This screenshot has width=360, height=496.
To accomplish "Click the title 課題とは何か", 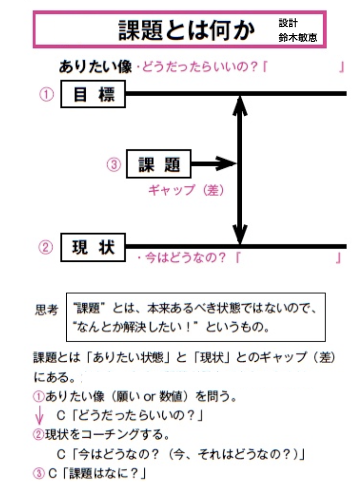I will (x=186, y=30).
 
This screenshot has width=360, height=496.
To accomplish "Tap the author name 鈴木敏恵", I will (x=298, y=38).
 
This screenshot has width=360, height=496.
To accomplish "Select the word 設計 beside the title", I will (x=288, y=23).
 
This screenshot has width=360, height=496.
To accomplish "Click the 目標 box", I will (x=93, y=94).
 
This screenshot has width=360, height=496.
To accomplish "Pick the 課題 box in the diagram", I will (x=158, y=164).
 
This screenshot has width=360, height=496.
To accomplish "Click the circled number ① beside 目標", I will (x=46, y=95).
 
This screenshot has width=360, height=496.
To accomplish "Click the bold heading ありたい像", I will (x=95, y=67).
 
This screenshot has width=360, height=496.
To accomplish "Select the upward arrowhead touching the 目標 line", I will (x=239, y=104).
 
